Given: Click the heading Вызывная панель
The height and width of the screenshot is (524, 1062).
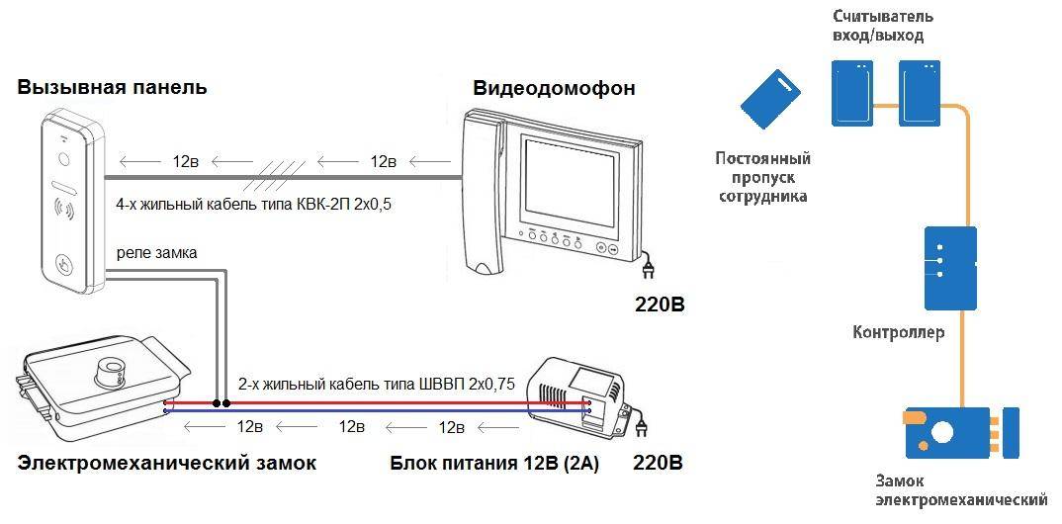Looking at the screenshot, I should tap(112, 87).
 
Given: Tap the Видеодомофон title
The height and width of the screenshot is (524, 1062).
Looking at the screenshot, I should tap(554, 88).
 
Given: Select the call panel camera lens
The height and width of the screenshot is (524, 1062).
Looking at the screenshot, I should tap(64, 158).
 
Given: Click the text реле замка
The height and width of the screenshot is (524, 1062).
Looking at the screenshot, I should tap(156, 253).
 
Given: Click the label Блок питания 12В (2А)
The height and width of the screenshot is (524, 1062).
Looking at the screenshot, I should tap(494, 463).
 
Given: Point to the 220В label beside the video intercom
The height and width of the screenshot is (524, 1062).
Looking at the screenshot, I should tap(660, 304).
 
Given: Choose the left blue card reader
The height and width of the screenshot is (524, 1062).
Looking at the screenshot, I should tap(853, 92).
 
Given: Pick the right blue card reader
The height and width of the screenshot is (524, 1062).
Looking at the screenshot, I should tap(921, 92).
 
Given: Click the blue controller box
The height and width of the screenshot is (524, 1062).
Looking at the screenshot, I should tap(949, 267).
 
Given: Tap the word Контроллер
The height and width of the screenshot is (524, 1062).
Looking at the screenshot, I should tap(898, 332).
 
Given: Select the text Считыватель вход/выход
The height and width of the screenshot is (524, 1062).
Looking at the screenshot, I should tap(883, 27).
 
